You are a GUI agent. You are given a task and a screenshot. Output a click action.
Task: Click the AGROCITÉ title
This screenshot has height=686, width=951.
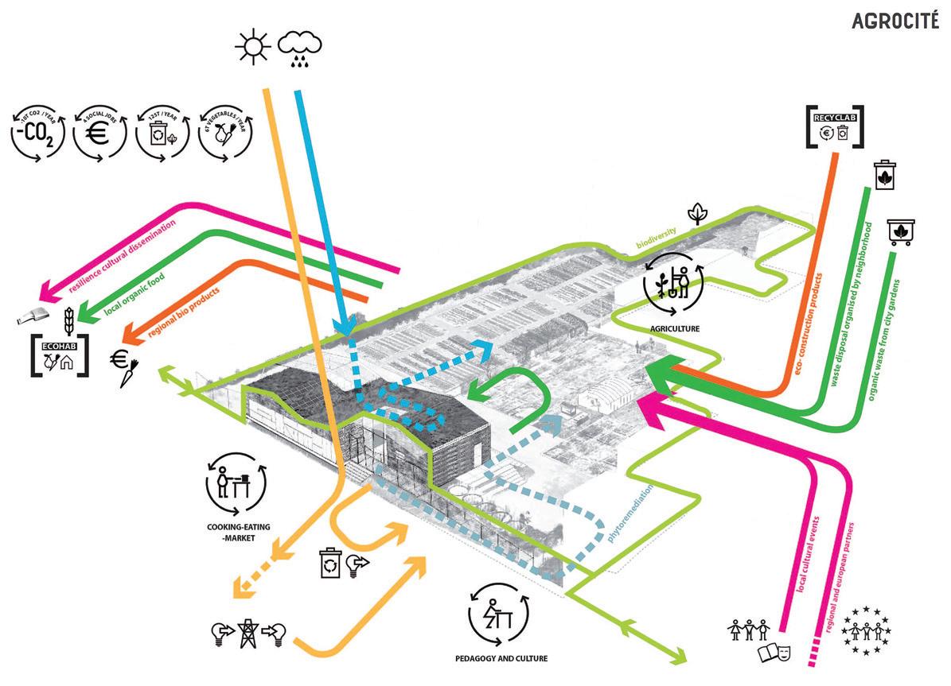pyautogui.click(x=893, y=21)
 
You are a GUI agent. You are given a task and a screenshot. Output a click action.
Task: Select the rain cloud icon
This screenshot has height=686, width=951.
pyautogui.click(x=300, y=48)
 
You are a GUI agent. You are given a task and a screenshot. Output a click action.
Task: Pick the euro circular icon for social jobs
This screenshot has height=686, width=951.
pyautogui.click(x=99, y=134)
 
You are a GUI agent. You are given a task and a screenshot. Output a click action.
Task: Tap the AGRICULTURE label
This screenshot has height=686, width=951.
pyautogui.click(x=673, y=327)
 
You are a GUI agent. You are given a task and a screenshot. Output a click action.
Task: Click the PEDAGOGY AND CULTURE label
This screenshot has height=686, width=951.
pyautogui.click(x=501, y=659)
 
